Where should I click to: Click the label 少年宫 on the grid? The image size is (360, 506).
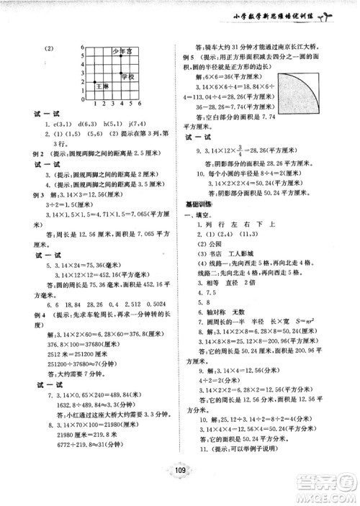[121, 52]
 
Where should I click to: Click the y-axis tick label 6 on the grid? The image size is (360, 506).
[83, 45]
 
